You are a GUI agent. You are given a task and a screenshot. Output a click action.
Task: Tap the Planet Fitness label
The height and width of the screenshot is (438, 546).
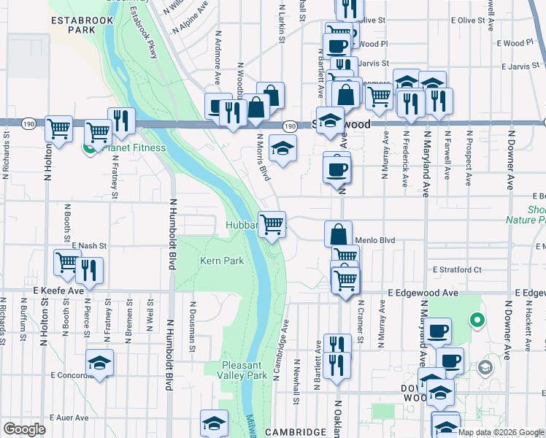tap(134, 148)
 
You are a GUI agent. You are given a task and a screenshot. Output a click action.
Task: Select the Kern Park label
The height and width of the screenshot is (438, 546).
tap(222, 261)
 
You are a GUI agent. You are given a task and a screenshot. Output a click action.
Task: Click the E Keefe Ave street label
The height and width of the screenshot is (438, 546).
tap(59, 291)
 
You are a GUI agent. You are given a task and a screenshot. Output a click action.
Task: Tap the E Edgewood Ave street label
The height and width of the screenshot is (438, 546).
tap(423, 293)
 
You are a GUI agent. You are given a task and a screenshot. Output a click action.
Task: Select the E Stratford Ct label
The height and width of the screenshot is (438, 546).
tap(457, 269)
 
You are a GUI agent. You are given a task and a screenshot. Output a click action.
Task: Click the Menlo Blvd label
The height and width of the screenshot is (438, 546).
tap(374, 239)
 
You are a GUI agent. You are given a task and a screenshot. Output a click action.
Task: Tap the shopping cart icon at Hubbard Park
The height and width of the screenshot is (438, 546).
tap(272, 223)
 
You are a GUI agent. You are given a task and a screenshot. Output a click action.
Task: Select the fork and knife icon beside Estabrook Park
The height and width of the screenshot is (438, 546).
tap(121, 120)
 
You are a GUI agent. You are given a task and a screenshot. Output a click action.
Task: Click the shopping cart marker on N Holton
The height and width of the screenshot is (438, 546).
tap(58, 128)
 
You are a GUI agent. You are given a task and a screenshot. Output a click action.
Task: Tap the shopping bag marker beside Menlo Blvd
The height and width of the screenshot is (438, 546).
tap(339, 234)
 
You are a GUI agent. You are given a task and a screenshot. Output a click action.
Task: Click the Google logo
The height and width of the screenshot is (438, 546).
tap(25, 429)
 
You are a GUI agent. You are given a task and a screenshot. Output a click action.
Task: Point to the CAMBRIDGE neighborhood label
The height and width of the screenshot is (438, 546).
tap(295, 432)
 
